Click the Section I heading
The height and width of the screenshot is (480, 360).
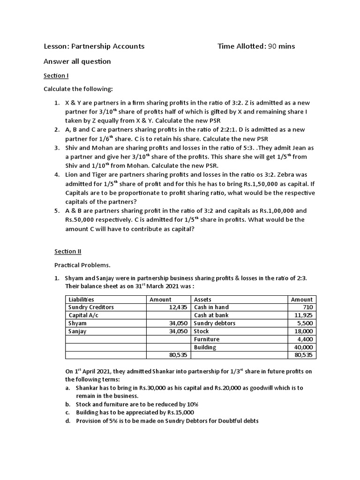[x=56, y=75]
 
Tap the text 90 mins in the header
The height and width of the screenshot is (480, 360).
[x=281, y=46]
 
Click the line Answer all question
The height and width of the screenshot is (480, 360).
[x=77, y=61]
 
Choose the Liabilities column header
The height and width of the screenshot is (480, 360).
[x=81, y=300]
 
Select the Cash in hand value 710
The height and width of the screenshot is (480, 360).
[x=307, y=307]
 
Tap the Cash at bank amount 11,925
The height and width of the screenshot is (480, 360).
[x=303, y=315]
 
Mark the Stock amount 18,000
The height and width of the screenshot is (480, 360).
[x=303, y=331]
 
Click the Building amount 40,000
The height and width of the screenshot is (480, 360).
[x=303, y=347]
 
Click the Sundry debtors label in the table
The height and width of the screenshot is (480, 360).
[x=215, y=323]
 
